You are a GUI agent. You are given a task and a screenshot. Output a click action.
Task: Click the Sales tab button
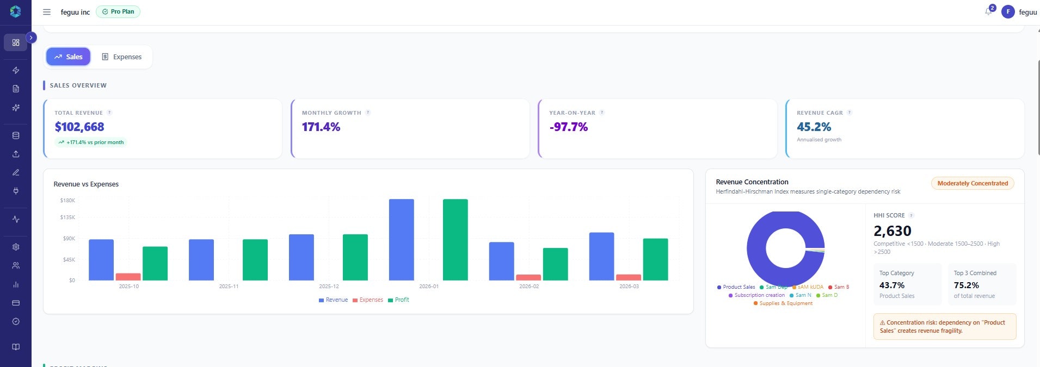coord(68,57)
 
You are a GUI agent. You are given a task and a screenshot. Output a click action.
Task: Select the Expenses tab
coord(122,57)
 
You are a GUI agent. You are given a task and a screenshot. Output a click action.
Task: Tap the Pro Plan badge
coord(118,11)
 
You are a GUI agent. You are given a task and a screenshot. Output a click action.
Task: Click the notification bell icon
coord(988,11)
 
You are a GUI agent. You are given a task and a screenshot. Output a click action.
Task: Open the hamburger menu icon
coord(47,12)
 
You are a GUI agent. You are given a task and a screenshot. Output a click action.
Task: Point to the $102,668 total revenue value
coord(79,127)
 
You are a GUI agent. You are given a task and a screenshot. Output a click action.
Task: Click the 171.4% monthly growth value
coord(321,127)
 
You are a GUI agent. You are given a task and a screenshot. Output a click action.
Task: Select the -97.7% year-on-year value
coord(569,127)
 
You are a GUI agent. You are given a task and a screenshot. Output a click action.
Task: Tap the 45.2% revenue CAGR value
coord(814,127)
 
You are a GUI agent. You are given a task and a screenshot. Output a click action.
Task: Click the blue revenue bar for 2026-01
coord(401,239)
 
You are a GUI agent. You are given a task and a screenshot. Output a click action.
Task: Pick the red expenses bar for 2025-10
coord(128,277)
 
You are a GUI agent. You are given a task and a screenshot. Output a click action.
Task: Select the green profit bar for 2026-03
coord(655,259)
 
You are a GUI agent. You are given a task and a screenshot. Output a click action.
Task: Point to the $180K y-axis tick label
coord(68,201)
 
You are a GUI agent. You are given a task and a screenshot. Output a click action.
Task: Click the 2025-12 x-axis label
coord(329,286)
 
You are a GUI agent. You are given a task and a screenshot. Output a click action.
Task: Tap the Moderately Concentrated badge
coord(972,183)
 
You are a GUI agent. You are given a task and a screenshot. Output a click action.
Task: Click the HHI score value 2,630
coord(893,231)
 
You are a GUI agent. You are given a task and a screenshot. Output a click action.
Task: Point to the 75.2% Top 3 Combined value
coord(966,285)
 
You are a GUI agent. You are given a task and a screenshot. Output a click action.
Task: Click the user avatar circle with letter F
coord(1008,11)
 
